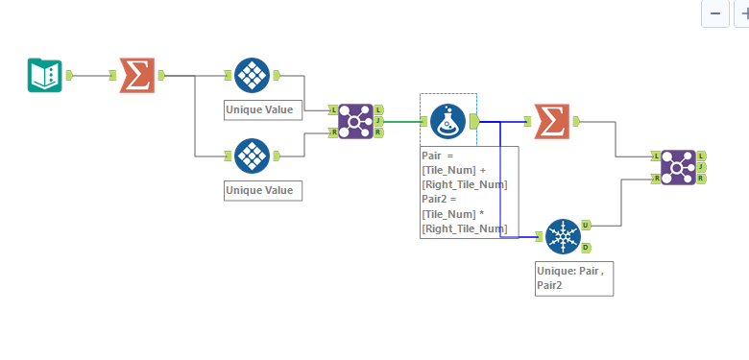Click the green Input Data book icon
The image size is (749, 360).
point(44,75)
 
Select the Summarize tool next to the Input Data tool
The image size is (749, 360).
point(136,75)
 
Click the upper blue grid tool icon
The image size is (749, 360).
point(252,75)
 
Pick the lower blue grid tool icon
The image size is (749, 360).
point(252,156)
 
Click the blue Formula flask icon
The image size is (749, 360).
point(447,121)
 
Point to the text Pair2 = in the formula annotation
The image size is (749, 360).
point(440,198)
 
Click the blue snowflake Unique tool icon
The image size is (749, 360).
point(563,235)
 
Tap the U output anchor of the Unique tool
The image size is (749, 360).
point(587,225)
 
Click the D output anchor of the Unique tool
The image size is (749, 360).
point(587,246)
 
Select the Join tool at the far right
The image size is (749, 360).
point(678,166)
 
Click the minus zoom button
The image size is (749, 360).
point(714,13)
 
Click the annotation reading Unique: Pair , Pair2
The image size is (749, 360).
point(572,278)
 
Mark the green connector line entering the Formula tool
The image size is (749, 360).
point(403,121)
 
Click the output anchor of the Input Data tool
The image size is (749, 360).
point(68,75)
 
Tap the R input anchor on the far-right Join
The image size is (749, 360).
point(656,178)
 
